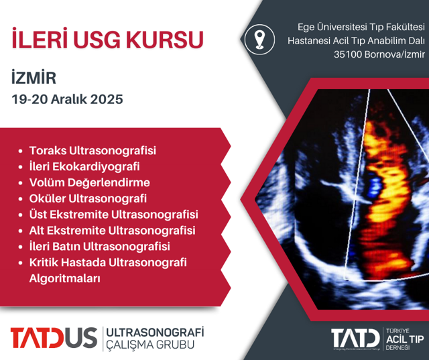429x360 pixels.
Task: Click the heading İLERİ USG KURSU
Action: pos(108,39)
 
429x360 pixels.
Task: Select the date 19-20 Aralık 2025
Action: pos(67,99)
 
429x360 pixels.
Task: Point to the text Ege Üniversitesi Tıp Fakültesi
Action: pos(361,26)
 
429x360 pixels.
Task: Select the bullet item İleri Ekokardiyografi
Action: pos(84,166)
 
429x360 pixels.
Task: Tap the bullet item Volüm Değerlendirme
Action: pos(90,182)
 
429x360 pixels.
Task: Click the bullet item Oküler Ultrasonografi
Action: pos(88,198)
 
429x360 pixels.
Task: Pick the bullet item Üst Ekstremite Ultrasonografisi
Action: pos(114,215)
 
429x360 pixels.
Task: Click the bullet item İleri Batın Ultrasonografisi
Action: pos(100,247)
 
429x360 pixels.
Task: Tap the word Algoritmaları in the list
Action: pos(65,278)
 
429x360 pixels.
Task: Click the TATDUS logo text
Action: pos(54,338)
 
